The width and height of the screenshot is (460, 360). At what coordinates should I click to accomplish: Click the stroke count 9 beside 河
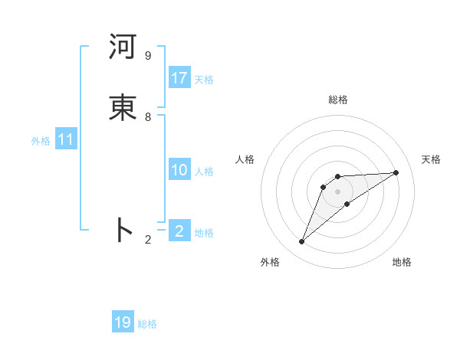(x=147, y=56)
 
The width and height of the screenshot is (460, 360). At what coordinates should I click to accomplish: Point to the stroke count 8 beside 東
(x=147, y=117)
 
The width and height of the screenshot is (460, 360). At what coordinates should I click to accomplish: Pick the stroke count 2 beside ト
(x=147, y=240)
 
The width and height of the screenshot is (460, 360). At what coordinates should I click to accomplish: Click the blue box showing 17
(x=179, y=78)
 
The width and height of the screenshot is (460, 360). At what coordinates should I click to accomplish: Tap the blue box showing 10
(x=179, y=171)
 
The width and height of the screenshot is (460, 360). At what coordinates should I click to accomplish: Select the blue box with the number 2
(x=179, y=231)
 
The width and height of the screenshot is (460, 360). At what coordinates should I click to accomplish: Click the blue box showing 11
(x=66, y=140)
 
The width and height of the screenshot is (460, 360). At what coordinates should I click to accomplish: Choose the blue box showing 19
(x=123, y=322)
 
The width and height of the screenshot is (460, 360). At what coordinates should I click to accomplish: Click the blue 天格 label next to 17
(x=204, y=80)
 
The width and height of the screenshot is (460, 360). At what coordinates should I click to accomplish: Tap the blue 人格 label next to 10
(x=204, y=172)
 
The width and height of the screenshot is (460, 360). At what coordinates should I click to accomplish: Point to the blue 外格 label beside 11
(x=41, y=141)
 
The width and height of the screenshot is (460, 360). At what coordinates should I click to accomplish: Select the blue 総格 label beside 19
(x=147, y=324)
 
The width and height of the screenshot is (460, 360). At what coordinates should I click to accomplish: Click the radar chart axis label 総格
(x=338, y=100)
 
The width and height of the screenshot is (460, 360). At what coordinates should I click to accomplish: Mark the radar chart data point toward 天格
(x=396, y=172)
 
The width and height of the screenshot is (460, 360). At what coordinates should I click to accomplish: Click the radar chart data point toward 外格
(x=302, y=242)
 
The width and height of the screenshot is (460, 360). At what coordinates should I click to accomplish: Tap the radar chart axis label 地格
(x=402, y=263)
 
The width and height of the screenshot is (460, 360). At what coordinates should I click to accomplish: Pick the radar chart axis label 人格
(x=245, y=159)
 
